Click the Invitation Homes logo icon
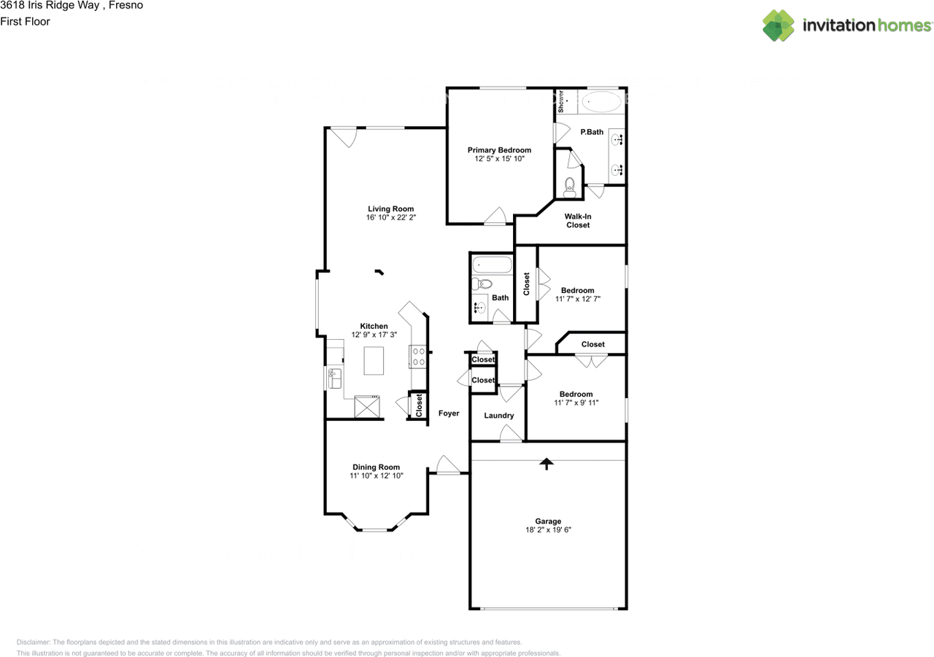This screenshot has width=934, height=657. click(779, 26)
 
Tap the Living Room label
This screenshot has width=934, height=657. click(390, 209)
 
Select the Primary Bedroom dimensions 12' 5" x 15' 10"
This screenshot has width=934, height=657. click(499, 159)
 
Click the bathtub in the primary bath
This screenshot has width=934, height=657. click(601, 101)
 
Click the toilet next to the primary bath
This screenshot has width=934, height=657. click(569, 187)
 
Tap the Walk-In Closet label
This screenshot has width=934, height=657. click(578, 220)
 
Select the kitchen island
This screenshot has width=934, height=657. click(374, 360)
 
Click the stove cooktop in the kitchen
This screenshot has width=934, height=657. click(419, 357)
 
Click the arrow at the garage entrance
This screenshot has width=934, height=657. click(546, 463)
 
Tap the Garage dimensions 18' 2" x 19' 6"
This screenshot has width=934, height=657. click(548, 531)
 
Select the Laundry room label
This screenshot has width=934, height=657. click(499, 416)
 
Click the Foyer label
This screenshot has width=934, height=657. click(449, 413)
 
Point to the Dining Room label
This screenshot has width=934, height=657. click(376, 467)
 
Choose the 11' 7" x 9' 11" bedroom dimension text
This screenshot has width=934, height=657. click(576, 403)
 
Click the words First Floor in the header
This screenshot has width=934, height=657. click(25, 22)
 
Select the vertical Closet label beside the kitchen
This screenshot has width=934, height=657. click(419, 405)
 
